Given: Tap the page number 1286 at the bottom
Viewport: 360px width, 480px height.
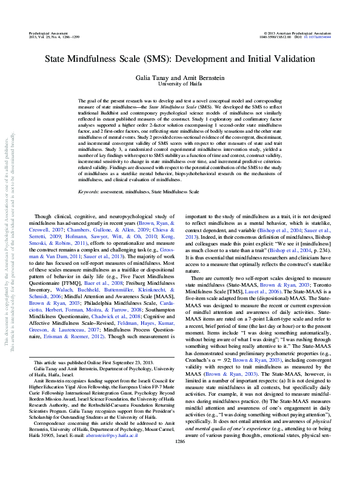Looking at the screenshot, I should pos(180,459).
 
